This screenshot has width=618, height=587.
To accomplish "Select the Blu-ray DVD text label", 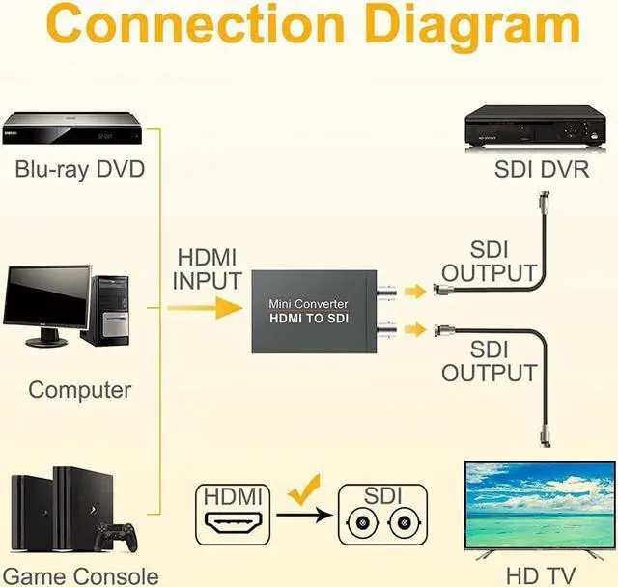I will [79, 170].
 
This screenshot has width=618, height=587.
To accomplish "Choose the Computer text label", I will [79, 390].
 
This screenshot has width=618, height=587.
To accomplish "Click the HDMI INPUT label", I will [207, 270].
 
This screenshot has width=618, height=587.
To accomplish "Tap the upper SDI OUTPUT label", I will [489, 262].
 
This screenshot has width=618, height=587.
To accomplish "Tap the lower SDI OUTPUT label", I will [489, 360].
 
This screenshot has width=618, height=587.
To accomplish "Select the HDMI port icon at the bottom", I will [232, 526].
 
